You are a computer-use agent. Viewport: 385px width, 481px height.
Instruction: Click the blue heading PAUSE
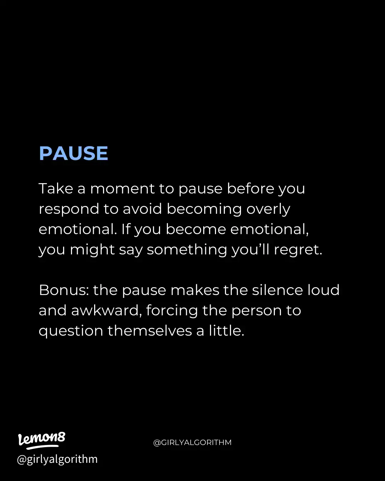click(73, 154)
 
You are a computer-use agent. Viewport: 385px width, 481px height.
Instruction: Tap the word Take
click(56, 188)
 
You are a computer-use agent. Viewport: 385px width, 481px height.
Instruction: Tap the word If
click(126, 229)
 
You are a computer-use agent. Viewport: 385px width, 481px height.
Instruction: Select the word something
click(187, 250)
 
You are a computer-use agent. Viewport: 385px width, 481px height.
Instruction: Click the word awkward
click(105, 311)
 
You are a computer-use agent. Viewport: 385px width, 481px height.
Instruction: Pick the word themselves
click(150, 331)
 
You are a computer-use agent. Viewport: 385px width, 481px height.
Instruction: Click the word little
click(226, 331)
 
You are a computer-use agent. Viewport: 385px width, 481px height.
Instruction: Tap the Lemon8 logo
click(42, 440)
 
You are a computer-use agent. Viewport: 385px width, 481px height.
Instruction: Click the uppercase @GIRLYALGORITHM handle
click(192, 443)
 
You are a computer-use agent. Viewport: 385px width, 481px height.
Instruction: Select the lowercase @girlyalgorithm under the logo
click(57, 459)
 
